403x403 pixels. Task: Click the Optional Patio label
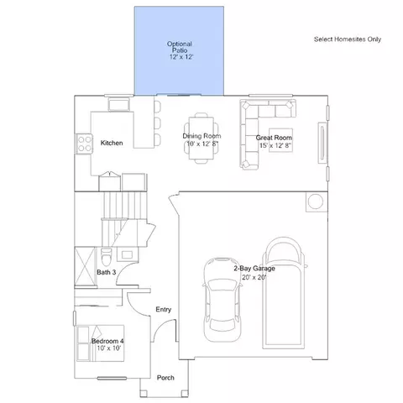click(180, 47)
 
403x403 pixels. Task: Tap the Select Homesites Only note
click(348, 39)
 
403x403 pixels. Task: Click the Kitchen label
click(112, 143)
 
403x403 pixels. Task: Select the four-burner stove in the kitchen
click(84, 144)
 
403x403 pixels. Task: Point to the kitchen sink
click(119, 105)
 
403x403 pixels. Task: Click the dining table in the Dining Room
click(201, 138)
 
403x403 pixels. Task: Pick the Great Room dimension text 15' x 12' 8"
click(275, 145)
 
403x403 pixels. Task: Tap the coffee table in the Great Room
click(280, 140)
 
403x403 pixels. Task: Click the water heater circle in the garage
click(316, 201)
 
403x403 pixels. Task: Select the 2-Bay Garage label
click(254, 269)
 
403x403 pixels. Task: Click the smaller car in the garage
click(222, 299)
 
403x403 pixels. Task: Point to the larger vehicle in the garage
click(284, 293)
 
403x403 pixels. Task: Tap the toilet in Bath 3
click(106, 256)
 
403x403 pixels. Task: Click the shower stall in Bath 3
click(85, 267)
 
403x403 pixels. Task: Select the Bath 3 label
click(107, 272)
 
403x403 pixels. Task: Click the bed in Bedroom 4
click(101, 343)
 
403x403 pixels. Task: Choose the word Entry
click(164, 310)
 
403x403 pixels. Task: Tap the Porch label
click(165, 378)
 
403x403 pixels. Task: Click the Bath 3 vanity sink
click(127, 254)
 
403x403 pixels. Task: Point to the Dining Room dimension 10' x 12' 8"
click(202, 144)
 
